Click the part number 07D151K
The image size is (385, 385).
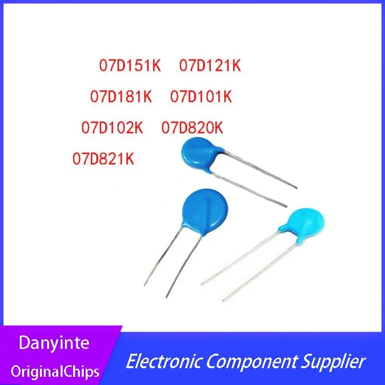(x=130, y=66)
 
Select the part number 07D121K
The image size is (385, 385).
(x=210, y=66)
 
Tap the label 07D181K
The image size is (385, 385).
(x=121, y=97)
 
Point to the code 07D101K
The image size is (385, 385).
(x=201, y=97)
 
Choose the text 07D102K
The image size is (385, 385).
(x=112, y=128)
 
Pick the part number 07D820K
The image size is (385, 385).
(x=192, y=128)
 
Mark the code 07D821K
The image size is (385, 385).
(x=103, y=158)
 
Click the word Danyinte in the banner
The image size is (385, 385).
(x=53, y=343)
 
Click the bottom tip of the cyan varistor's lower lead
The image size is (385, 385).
(x=223, y=300)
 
